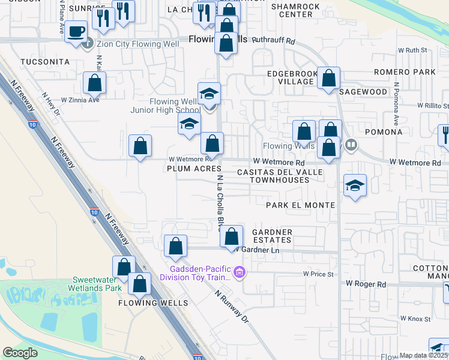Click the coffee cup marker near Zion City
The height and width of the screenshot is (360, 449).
pyautogui.click(x=76, y=31)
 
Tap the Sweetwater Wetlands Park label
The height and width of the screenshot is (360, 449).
pyautogui.click(x=97, y=284)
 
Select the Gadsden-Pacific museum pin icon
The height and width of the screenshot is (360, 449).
pyautogui.click(x=240, y=273)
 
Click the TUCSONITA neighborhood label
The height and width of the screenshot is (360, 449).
pyautogui.click(x=44, y=62)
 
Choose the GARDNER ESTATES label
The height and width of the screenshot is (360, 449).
pyautogui.click(x=272, y=236)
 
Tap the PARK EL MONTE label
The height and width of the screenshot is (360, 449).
pyautogui.click(x=300, y=205)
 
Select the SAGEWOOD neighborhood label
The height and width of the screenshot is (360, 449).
pyautogui.click(x=363, y=92)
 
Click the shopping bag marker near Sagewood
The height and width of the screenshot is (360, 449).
pyautogui.click(x=329, y=79)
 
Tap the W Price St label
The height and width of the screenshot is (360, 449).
pyautogui.click(x=318, y=274)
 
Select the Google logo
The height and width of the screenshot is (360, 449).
pyautogui.click(x=20, y=353)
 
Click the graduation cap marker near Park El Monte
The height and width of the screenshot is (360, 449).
pyautogui.click(x=355, y=186)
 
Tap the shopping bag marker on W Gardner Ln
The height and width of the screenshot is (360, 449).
pyautogui.click(x=232, y=238)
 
